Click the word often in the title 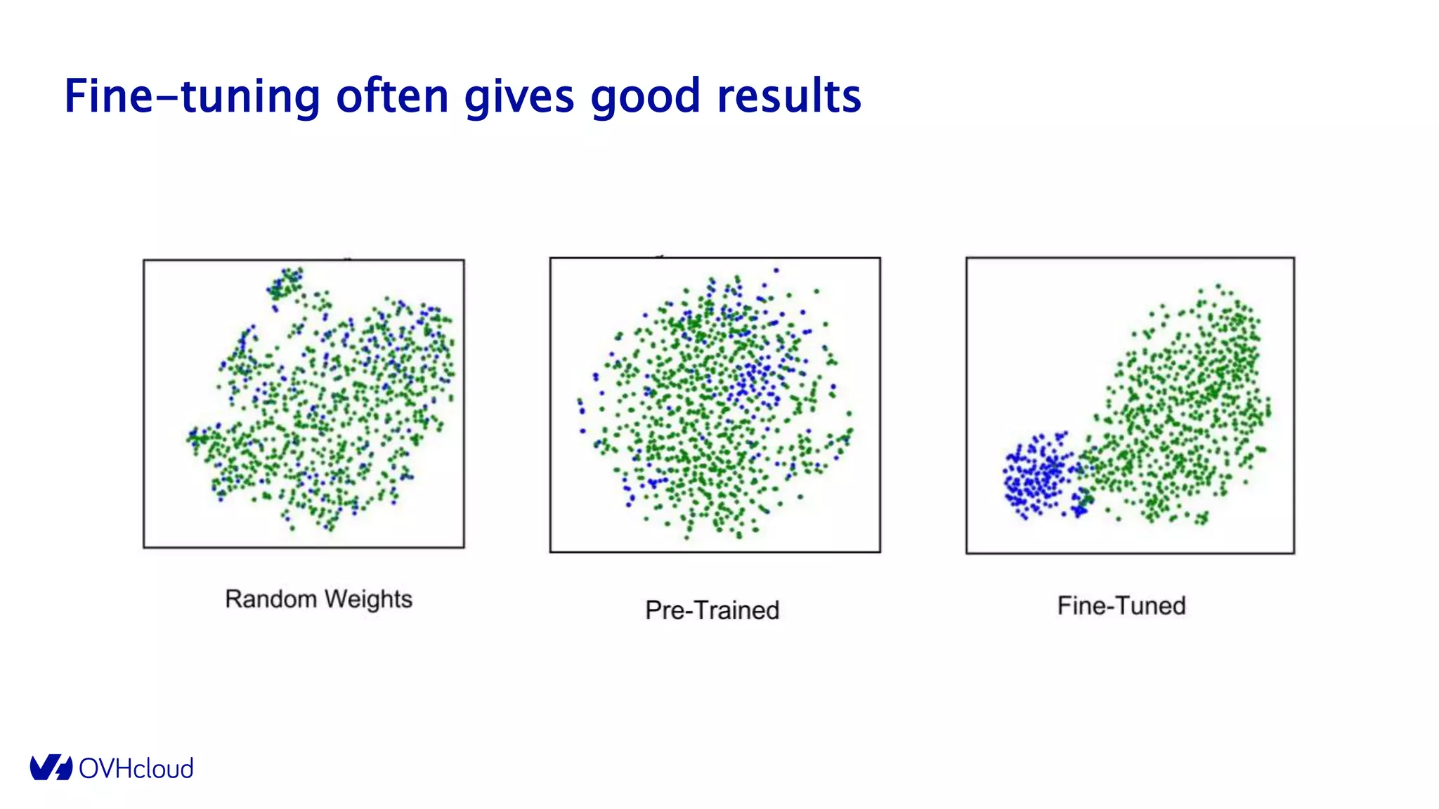[x=392, y=96]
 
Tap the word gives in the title [x=519, y=96]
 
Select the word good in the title [x=645, y=96]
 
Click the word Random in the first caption [x=271, y=599]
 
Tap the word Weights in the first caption [x=368, y=599]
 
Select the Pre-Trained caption [x=712, y=610]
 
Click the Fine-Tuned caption [x=1121, y=605]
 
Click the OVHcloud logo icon [x=51, y=768]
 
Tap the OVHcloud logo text [x=136, y=768]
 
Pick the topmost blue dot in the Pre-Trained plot [x=776, y=270]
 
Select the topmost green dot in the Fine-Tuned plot [x=1218, y=286]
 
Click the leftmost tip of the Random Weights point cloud [x=188, y=439]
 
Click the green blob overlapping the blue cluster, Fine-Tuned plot [x=1086, y=499]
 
